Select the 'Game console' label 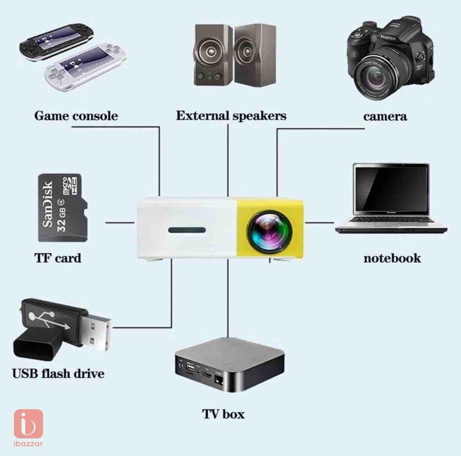[x=76, y=116]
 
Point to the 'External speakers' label [x=231, y=116]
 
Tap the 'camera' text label [x=385, y=116]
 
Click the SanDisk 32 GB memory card [x=63, y=208]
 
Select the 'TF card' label [x=58, y=258]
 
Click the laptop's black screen [x=391, y=189]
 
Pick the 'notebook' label [x=392, y=258]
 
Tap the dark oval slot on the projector [x=187, y=230]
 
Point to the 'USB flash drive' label [x=58, y=374]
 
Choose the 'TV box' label [x=223, y=414]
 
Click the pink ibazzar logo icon [x=28, y=424]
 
